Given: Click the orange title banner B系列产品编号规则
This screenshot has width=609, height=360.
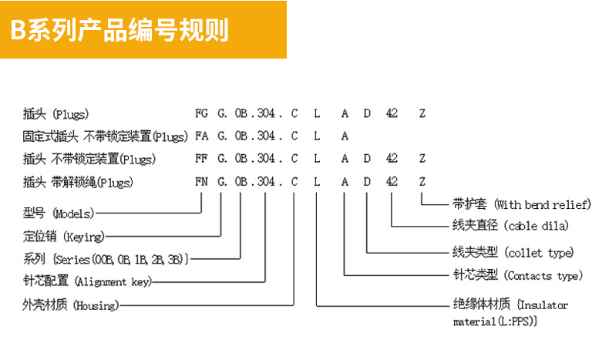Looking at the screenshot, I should (x=143, y=29).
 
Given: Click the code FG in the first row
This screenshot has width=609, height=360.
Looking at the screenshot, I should (x=202, y=113).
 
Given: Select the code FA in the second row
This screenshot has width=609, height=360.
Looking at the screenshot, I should (x=202, y=136).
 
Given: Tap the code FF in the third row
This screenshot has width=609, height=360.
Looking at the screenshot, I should (x=202, y=160).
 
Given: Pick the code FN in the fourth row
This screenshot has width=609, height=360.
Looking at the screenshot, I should (x=202, y=183).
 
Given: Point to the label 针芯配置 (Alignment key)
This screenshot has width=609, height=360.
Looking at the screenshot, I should (x=86, y=282).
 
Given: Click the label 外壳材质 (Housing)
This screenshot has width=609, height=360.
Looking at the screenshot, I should (x=71, y=305).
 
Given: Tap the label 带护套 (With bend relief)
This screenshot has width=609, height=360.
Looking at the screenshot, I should (x=521, y=205).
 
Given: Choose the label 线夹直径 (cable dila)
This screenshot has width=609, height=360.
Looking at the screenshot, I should (x=510, y=227).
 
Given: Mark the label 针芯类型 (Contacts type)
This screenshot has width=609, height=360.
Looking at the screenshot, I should (x=517, y=275).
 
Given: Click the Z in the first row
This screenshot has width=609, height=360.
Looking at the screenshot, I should (x=422, y=113).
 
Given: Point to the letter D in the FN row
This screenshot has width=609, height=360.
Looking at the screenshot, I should (x=368, y=183).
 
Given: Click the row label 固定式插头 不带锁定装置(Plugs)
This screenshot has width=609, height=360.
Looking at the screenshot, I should (x=105, y=136).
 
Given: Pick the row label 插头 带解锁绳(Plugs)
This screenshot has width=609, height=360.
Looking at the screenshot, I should (x=78, y=183).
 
